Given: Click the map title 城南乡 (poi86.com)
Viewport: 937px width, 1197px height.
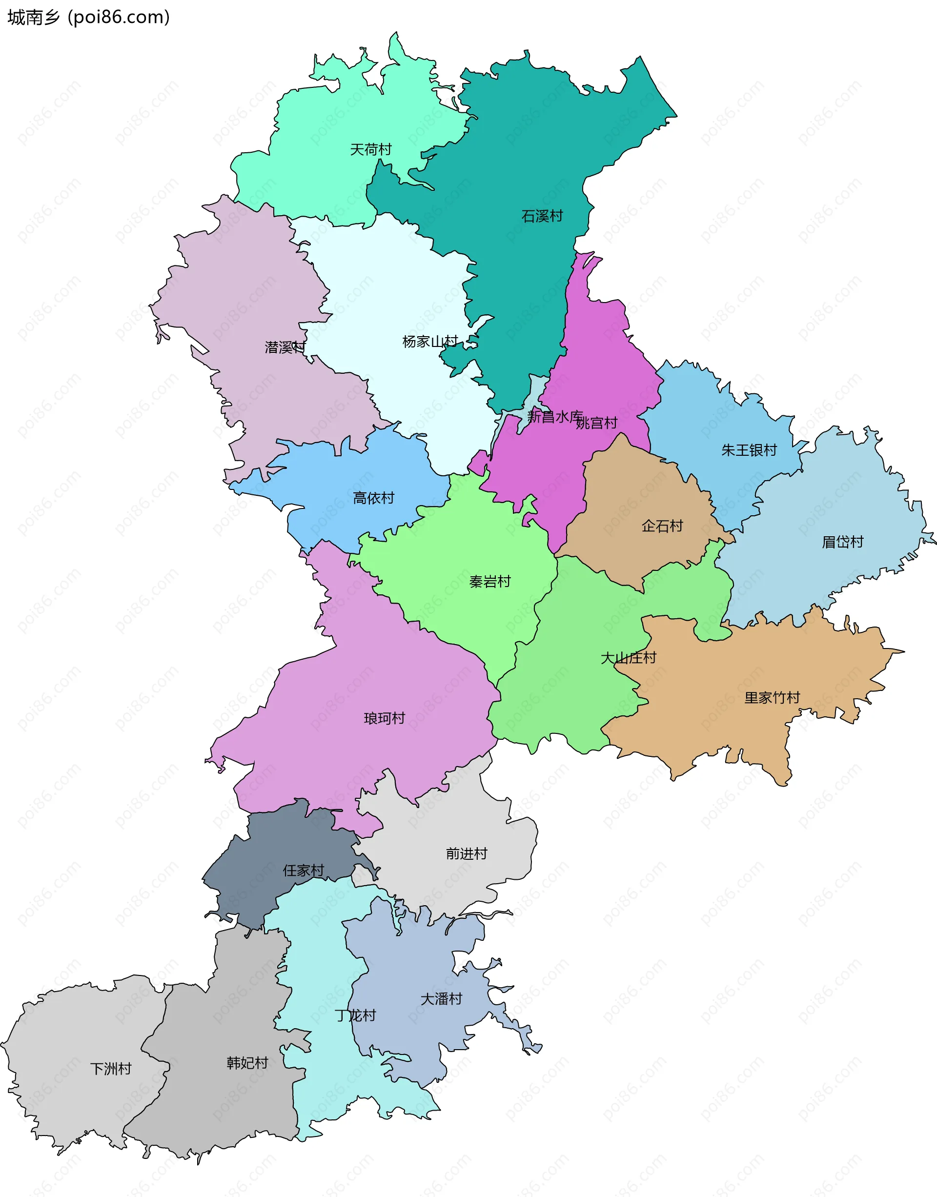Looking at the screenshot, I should click(88, 18).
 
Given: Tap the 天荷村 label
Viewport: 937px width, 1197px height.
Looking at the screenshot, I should click(371, 150).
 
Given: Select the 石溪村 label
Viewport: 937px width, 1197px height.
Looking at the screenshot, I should click(542, 216).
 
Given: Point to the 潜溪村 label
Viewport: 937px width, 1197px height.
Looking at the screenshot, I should click(285, 347).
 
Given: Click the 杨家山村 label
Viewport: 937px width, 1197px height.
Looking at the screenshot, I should click(430, 342).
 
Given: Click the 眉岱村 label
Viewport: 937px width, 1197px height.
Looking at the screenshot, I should click(843, 542).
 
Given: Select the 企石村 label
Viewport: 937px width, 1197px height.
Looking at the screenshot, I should click(662, 526).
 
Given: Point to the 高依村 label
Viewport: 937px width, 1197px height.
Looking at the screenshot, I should click(374, 498).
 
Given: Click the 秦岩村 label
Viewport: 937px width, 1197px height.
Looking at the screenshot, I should click(490, 582).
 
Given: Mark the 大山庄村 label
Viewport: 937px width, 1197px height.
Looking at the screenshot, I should click(628, 658).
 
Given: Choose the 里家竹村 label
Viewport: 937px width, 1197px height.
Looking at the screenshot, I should click(772, 698).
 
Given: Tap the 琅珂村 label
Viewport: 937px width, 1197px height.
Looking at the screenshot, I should click(384, 718).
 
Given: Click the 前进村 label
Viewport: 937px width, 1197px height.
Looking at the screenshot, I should click(467, 853).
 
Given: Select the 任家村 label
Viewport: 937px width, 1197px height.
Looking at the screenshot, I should click(304, 871).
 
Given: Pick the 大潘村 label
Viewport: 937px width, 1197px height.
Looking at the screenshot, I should click(441, 999).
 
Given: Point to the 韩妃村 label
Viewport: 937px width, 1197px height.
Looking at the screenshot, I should click(247, 1063).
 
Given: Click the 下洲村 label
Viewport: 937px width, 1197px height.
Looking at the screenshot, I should click(111, 1069).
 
